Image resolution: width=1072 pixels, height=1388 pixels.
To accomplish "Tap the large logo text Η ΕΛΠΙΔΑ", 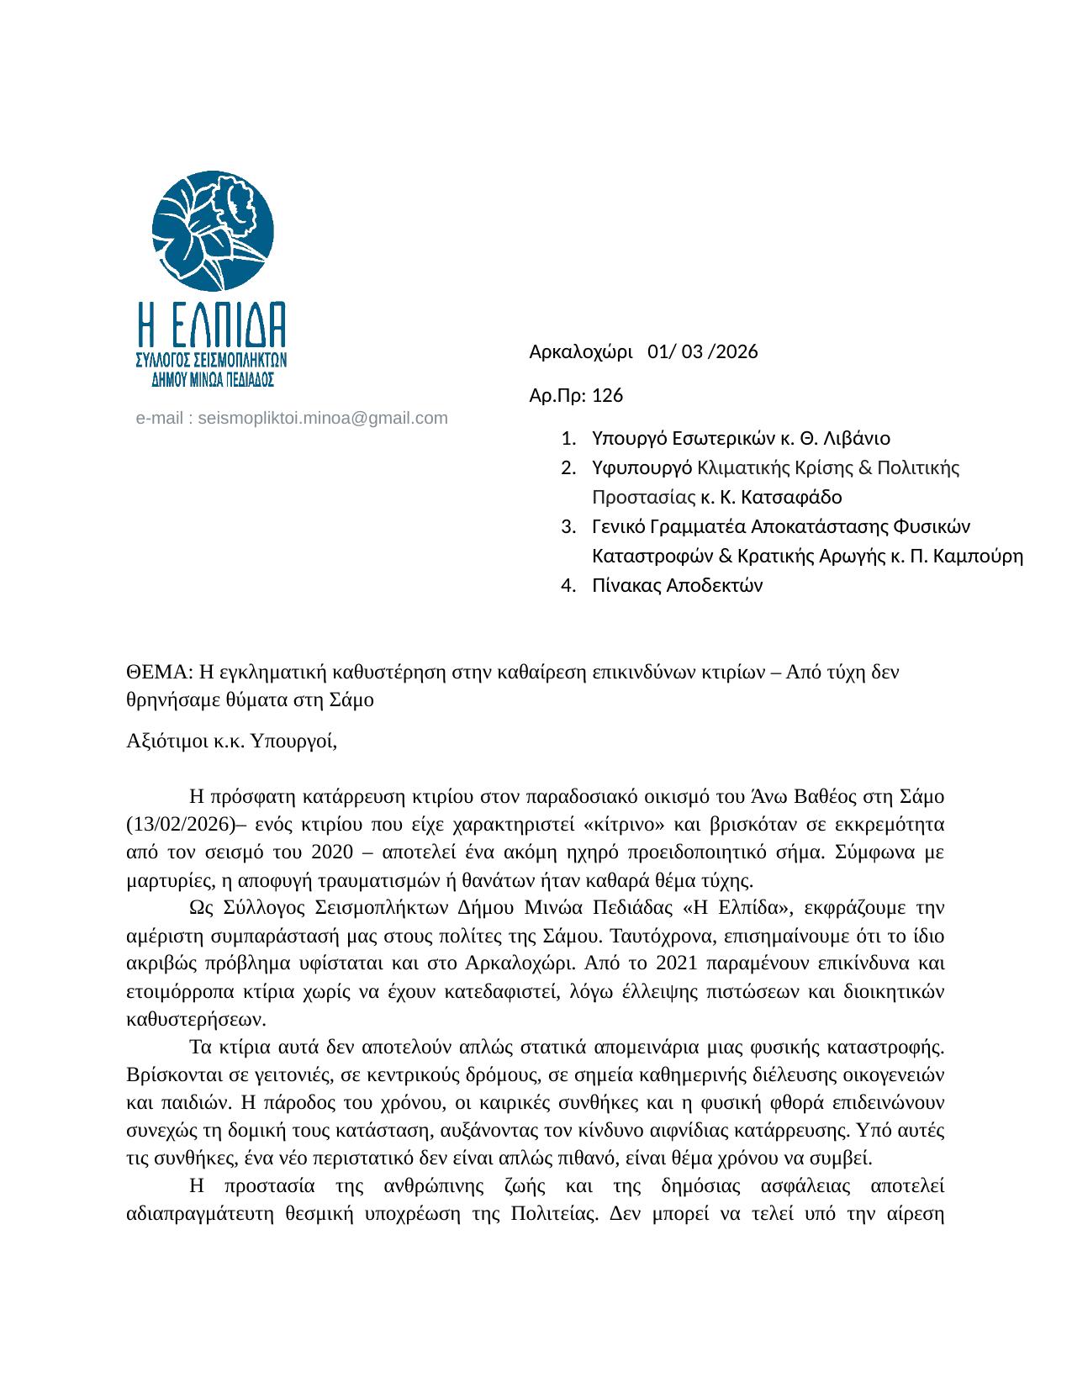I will (212, 324).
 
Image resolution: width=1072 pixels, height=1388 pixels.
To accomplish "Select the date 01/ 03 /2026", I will (703, 352).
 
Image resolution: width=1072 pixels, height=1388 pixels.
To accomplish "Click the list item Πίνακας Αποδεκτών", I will (677, 586).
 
